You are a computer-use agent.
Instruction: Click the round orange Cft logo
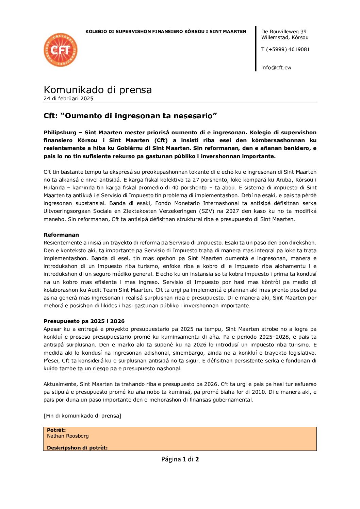point(61,50)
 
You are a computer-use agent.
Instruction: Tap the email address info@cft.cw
point(276,68)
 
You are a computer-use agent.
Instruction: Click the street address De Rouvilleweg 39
point(284,32)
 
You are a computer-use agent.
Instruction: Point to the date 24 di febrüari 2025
point(68,99)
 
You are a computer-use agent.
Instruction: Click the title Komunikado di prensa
point(98,90)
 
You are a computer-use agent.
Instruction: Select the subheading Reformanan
point(61,235)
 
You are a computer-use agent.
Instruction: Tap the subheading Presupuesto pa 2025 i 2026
point(84,321)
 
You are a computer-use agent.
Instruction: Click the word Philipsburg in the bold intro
point(60,133)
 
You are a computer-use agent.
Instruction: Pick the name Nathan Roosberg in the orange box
point(68,436)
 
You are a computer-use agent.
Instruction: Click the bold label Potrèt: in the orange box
point(56,430)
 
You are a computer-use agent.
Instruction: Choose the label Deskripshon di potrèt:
point(77,448)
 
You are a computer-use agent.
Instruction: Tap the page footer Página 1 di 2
point(180,459)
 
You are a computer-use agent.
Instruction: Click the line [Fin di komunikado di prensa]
point(82,416)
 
